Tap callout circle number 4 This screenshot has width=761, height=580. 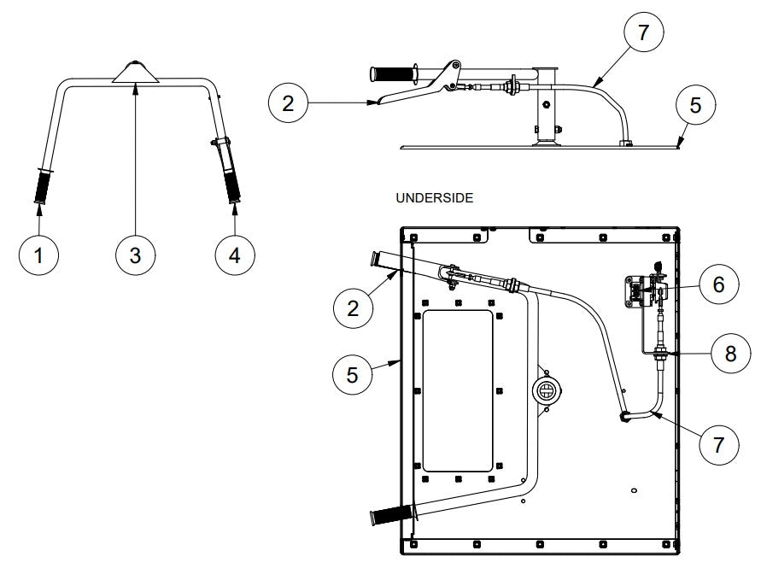233,254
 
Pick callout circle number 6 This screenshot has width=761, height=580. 718,284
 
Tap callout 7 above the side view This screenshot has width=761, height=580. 641,34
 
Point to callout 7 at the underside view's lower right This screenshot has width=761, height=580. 718,444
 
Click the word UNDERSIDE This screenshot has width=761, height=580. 435,197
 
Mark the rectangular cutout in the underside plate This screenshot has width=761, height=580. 458,390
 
